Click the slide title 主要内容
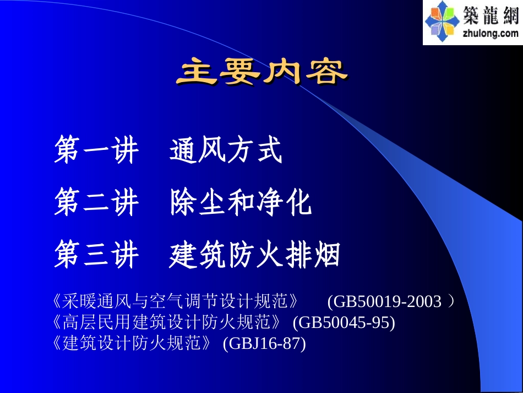[x=261, y=72]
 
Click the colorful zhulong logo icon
[x=442, y=22]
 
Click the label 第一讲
[x=96, y=151]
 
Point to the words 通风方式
[x=226, y=151]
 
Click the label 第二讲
[x=96, y=203]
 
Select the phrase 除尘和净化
[x=241, y=203]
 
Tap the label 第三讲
[x=96, y=255]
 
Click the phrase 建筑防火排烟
[x=255, y=255]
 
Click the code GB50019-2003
[x=388, y=302]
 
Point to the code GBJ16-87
[x=264, y=343]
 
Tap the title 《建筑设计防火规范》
[x=133, y=343]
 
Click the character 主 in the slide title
[x=197, y=72]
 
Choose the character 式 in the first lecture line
[x=269, y=151]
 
